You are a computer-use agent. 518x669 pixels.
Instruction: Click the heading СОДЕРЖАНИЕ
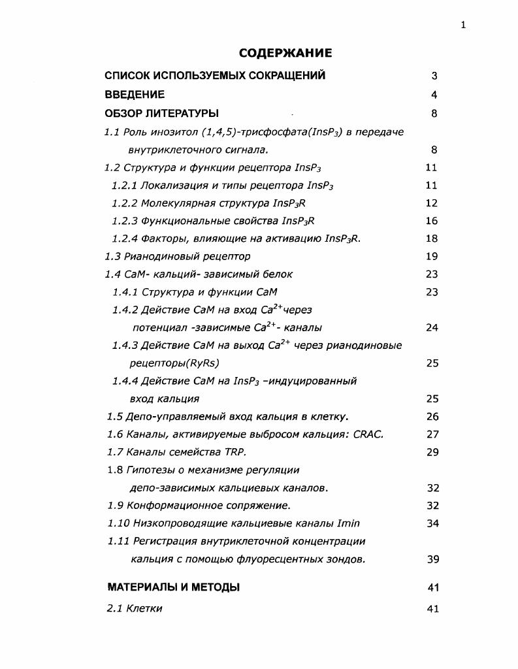[x=285, y=53]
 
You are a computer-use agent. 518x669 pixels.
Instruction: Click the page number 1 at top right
[x=463, y=25]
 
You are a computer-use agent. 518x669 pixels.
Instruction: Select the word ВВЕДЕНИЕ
[x=135, y=95]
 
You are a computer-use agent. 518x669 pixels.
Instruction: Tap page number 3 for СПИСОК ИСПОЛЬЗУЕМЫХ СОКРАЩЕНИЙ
[x=434, y=76]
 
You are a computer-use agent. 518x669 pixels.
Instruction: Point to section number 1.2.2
[x=125, y=203]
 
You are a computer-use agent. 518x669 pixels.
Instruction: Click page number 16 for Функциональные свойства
[x=431, y=221]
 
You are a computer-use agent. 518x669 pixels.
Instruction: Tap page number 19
[x=431, y=256]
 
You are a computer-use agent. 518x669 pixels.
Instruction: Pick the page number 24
[x=431, y=327]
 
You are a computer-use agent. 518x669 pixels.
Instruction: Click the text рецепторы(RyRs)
[x=174, y=363]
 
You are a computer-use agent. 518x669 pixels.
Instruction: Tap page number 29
[x=432, y=451]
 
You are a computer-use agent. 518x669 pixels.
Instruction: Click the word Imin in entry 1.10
[x=348, y=523]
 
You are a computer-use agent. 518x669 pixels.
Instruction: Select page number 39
[x=432, y=559]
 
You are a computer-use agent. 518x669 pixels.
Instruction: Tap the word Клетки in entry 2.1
[x=144, y=608]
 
